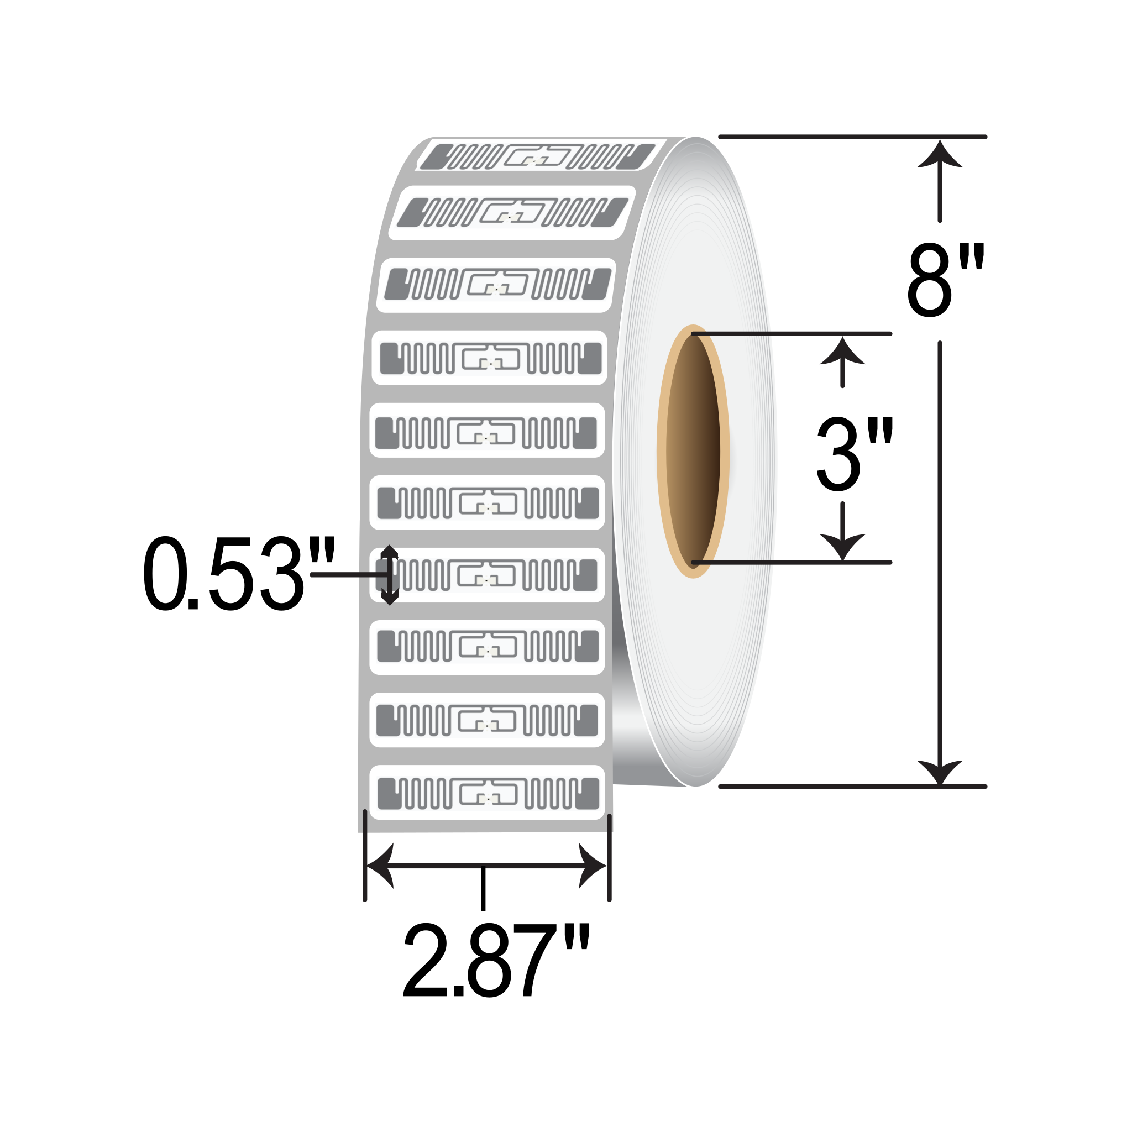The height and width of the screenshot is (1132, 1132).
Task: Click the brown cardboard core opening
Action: [693, 451]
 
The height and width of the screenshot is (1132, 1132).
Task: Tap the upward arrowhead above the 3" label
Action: [842, 352]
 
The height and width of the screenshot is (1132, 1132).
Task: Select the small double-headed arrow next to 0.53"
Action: [390, 575]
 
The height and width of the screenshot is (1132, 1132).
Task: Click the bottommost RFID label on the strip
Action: [487, 793]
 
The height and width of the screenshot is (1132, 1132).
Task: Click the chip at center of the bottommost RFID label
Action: [488, 798]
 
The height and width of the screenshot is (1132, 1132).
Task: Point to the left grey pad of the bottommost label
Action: [389, 793]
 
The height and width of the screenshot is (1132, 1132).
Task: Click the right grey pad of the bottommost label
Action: [588, 793]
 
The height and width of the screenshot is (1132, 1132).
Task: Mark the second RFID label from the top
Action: [511, 213]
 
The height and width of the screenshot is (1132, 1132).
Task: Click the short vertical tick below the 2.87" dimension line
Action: [483, 888]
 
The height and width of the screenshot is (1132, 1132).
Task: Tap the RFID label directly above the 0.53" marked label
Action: [487, 503]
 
